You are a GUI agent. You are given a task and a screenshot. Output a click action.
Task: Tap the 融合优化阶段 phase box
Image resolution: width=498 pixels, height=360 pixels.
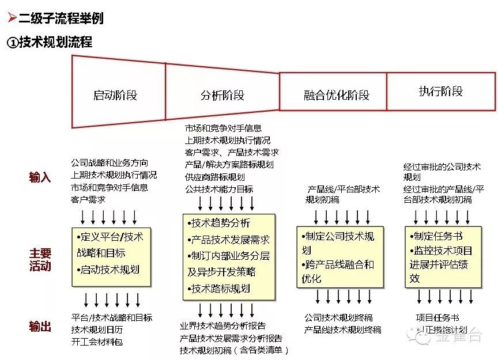(333, 94)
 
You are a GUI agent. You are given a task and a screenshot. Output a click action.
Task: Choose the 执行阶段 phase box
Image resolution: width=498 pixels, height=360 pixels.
(441, 91)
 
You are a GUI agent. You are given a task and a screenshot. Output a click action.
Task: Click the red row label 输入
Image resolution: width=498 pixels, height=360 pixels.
(40, 177)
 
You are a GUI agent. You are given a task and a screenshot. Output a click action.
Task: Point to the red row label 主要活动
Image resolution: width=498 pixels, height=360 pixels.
(40, 260)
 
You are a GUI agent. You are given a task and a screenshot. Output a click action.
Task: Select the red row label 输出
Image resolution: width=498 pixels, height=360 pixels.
(40, 327)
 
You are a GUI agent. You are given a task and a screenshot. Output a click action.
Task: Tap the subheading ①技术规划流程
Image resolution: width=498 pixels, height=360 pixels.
(50, 42)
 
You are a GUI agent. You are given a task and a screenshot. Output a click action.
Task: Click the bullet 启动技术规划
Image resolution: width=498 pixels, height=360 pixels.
(110, 269)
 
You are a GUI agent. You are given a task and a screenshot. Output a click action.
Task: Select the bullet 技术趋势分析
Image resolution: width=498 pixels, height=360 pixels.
(221, 223)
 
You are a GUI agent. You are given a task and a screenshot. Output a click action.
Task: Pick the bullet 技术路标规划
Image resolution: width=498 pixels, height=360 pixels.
(221, 289)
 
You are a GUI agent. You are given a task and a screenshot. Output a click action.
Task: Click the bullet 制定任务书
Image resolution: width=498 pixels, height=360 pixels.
(437, 236)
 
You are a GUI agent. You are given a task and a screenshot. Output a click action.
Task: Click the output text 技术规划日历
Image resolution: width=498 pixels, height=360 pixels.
(97, 329)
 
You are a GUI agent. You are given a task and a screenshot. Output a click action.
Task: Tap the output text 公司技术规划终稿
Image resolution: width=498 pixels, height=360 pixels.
(338, 317)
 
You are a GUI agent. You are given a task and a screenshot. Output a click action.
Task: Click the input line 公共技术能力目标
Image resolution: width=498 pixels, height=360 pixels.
(219, 189)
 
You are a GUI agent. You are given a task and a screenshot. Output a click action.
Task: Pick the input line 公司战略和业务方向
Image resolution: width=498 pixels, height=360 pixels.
(110, 163)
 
